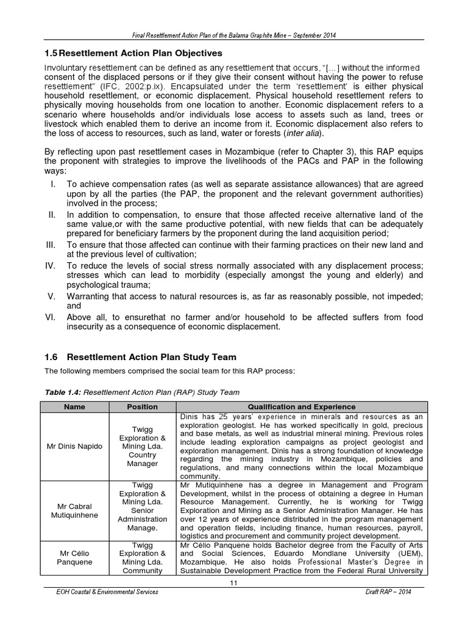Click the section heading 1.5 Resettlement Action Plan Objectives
coord(133,54)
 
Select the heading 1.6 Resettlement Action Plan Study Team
coord(141,357)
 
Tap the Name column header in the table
coord(74,406)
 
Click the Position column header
coord(142,406)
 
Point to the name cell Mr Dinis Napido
coord(74,446)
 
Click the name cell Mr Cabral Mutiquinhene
coord(74,510)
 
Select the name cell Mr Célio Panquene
coord(74,558)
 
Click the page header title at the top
coord(234,35)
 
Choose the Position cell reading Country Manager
coord(142,459)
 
